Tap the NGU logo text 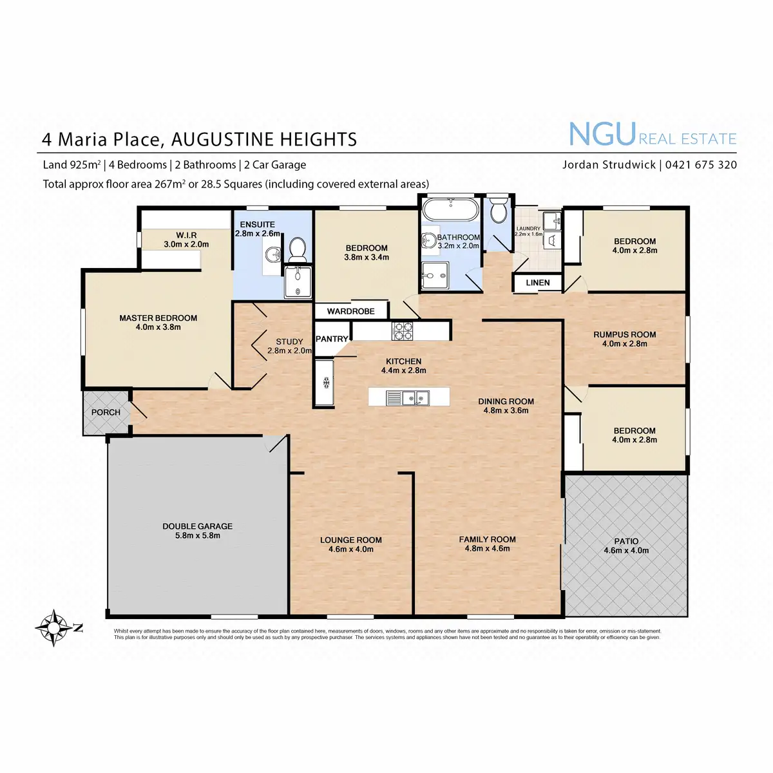pos(602,135)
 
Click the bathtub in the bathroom pos(450,210)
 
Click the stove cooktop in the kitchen pos(403,331)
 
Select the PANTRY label pos(332,339)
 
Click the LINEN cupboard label pos(538,283)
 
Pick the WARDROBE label pos(351,311)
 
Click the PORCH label pos(106,412)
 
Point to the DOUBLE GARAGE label pos(197,526)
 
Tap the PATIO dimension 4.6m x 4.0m pos(626,551)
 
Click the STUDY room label pos(289,342)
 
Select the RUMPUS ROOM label pos(624,334)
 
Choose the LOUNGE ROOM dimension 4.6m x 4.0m pos(351,549)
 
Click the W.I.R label pos(186,235)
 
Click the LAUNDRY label pos(528,229)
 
